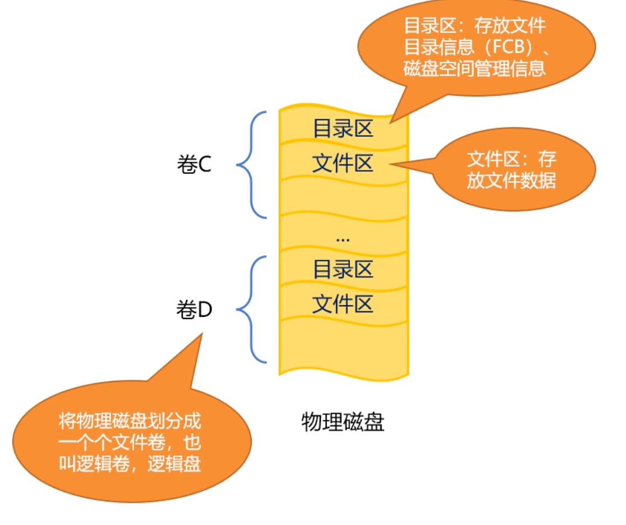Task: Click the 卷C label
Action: [194, 165]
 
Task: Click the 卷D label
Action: [194, 310]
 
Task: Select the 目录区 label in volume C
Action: [343, 129]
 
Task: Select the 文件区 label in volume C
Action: [343, 164]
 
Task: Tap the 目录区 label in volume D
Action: [343, 269]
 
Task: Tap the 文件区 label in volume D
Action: [343, 304]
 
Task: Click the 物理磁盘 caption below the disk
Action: [343, 422]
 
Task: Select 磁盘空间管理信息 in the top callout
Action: [474, 68]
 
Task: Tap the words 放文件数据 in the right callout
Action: [511, 181]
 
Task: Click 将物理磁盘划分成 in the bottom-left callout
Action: [130, 421]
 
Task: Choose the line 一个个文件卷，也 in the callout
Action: [130, 443]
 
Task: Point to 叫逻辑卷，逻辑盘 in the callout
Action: [130, 464]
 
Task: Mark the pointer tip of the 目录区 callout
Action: [391, 121]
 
